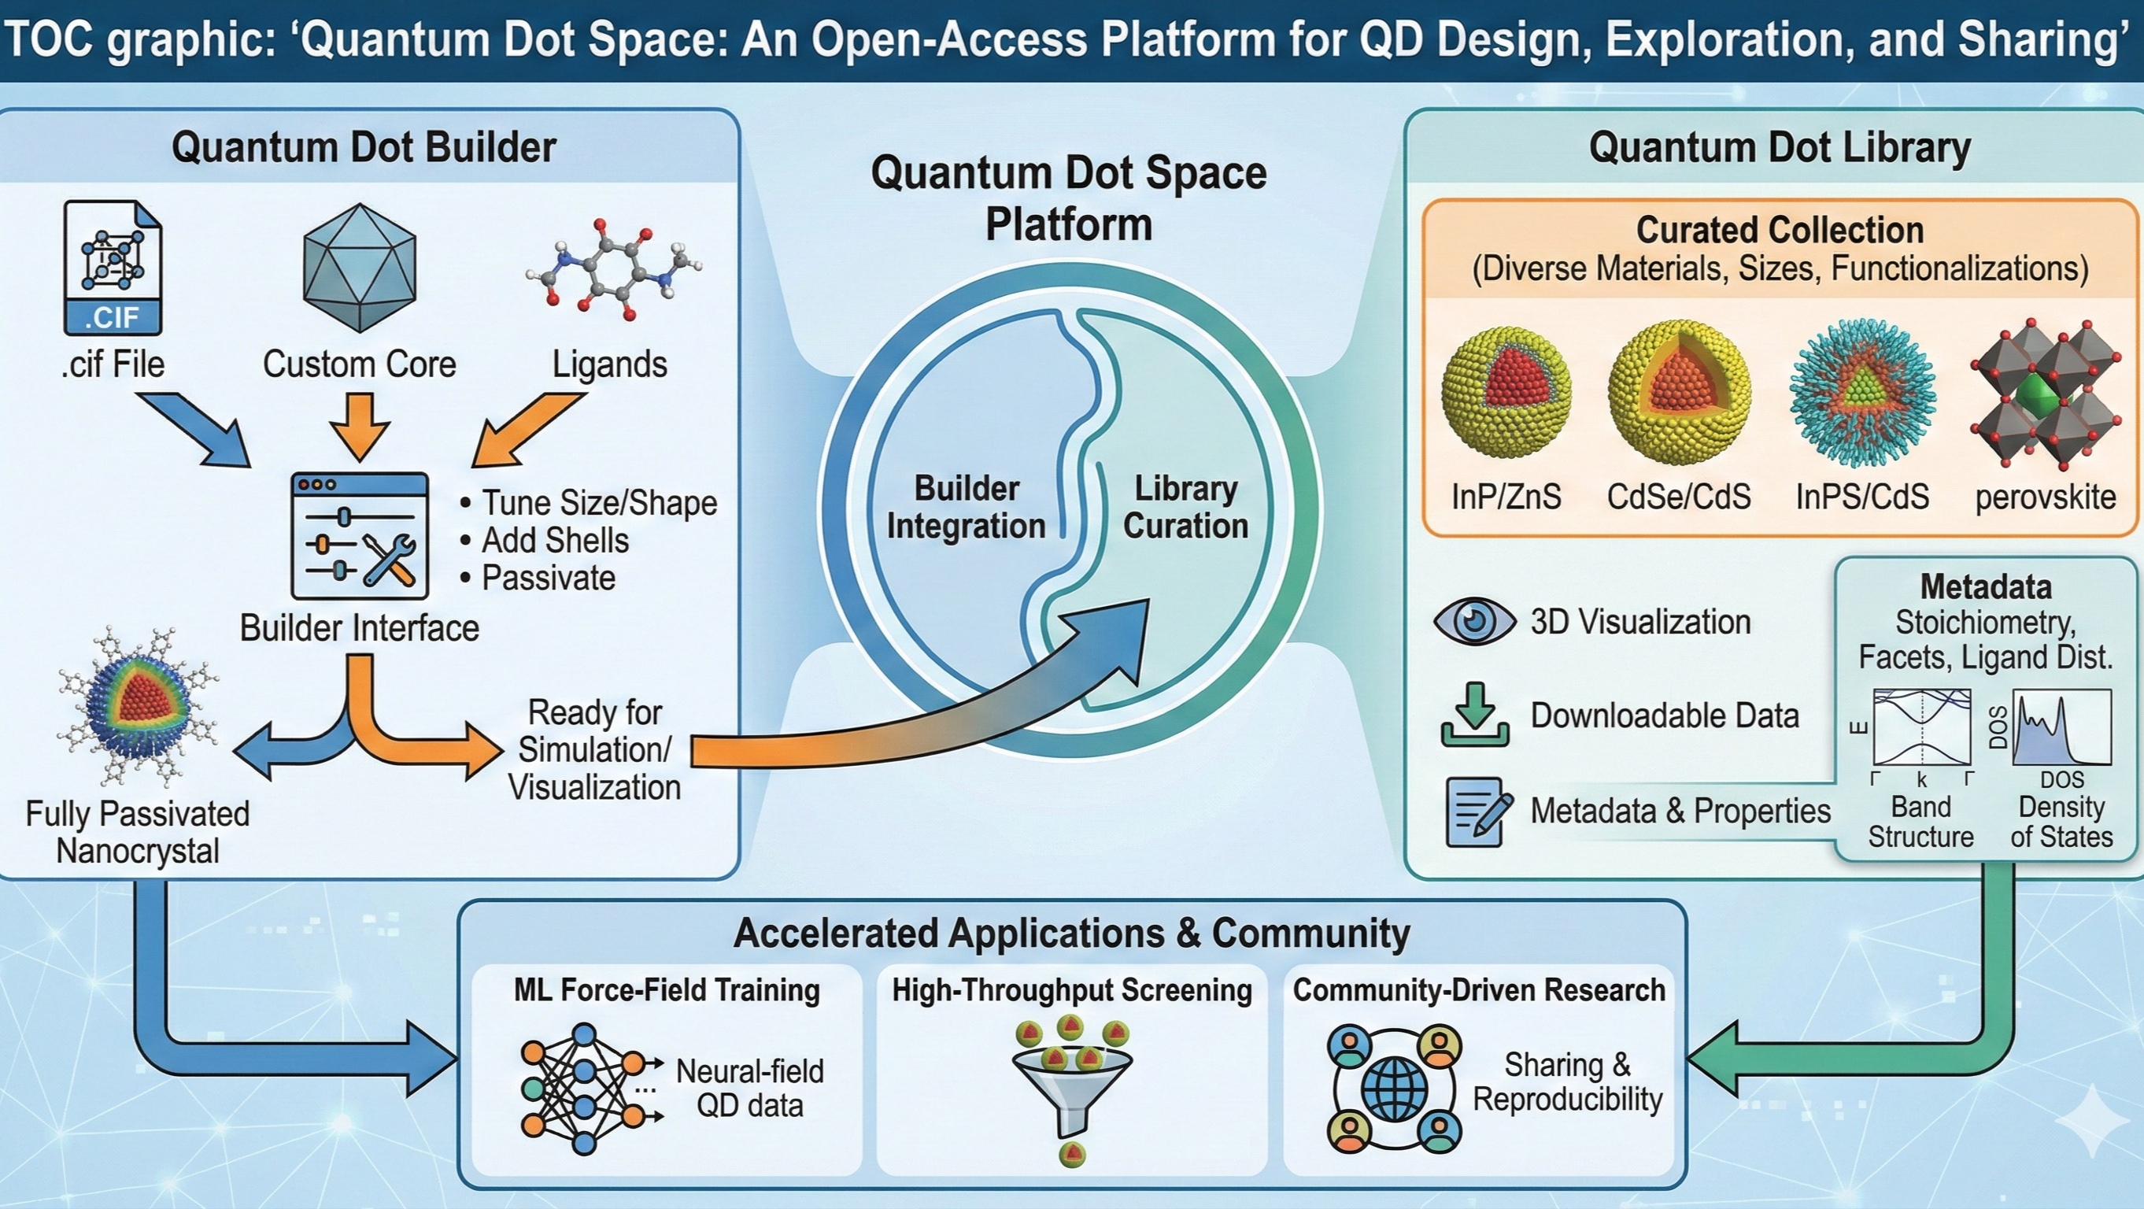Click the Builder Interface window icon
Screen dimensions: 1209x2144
click(x=360, y=536)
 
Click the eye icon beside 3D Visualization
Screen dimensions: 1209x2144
click(x=1474, y=622)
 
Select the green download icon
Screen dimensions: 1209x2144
click(x=1475, y=715)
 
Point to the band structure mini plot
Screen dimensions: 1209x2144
click(x=1921, y=727)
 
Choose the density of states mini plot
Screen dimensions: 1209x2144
click(x=2061, y=727)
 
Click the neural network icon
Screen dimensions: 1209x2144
click(x=582, y=1089)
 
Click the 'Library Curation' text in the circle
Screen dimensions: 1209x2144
click(x=1186, y=508)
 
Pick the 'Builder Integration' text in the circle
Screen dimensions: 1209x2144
click(x=966, y=508)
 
